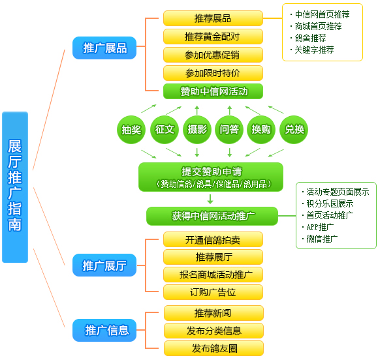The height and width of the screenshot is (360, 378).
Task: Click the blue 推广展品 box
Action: coord(104,48)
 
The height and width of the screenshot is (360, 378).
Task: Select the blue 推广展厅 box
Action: coord(104,265)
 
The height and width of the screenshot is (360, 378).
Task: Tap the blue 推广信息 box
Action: coord(104,330)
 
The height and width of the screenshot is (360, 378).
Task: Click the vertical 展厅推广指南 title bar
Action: coord(15,187)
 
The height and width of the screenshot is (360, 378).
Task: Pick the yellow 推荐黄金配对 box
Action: coord(213,37)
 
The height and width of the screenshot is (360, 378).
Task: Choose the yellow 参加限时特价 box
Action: coord(213,73)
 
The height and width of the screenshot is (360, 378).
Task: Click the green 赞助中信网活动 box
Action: coord(213,91)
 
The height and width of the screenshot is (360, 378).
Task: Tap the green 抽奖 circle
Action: coord(131,130)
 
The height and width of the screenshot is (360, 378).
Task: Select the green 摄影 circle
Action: coord(197,130)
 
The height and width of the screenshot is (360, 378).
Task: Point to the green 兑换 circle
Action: coord(294,130)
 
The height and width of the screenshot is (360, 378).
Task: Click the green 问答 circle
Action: coord(229,130)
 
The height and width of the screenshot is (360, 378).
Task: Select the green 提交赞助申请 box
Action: coord(211,177)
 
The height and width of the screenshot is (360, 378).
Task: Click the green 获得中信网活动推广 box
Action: coord(212,216)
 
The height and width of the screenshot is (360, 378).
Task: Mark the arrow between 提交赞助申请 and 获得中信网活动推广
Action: coord(210,199)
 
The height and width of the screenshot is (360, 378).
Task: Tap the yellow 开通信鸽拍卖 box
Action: coord(213,239)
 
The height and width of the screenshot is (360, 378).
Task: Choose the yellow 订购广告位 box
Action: coord(213,292)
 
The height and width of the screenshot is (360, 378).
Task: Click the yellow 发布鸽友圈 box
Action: coord(213,348)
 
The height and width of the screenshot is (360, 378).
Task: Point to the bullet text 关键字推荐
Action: coord(315,50)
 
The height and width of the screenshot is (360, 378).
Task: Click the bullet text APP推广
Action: coord(320,227)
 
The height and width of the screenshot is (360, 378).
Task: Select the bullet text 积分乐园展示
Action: coord(330,203)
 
